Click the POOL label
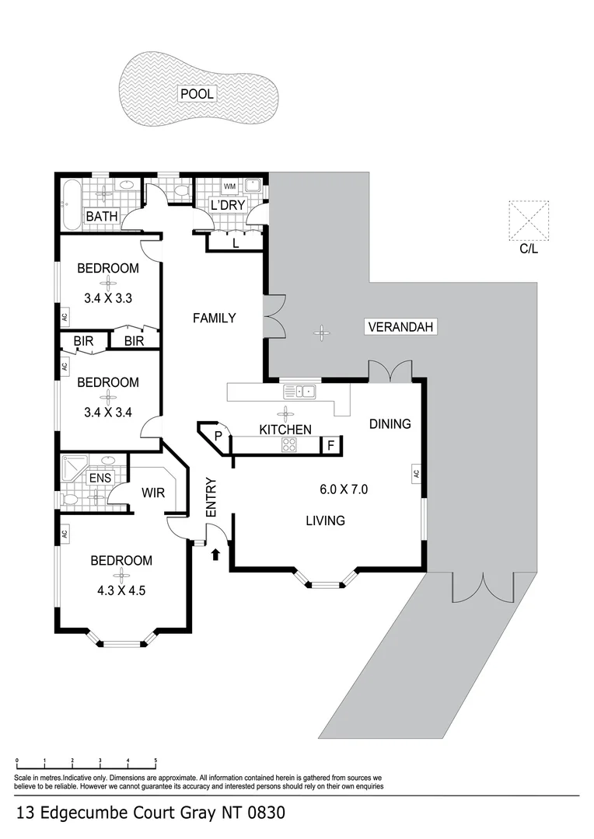(x=197, y=94)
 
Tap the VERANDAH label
(x=400, y=327)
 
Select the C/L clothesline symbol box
(x=529, y=221)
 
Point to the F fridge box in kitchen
(x=330, y=445)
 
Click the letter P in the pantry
(x=218, y=436)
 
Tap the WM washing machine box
(x=230, y=187)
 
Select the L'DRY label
(x=229, y=205)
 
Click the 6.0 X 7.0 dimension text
(x=343, y=489)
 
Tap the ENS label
(x=100, y=479)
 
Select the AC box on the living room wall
(x=417, y=472)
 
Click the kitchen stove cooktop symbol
(x=289, y=445)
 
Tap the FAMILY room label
(x=214, y=318)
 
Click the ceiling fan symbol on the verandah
(x=321, y=333)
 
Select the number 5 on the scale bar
(x=155, y=761)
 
